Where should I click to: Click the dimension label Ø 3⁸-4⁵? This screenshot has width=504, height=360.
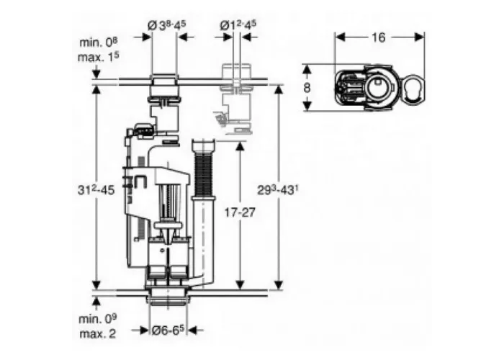click(x=167, y=26)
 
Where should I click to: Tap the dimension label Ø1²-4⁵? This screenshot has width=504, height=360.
click(x=238, y=25)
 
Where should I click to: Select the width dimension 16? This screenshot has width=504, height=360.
click(x=379, y=37)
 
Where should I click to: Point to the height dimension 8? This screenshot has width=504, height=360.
click(x=307, y=87)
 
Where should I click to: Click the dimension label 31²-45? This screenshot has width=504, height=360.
click(x=96, y=190)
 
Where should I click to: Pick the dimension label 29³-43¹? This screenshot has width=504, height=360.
click(x=279, y=190)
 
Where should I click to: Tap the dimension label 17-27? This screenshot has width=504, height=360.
click(x=240, y=212)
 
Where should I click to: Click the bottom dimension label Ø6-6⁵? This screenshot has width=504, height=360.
click(x=168, y=330)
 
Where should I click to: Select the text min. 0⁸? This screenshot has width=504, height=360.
click(x=99, y=42)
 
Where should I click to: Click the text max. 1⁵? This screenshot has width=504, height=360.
click(x=98, y=57)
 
